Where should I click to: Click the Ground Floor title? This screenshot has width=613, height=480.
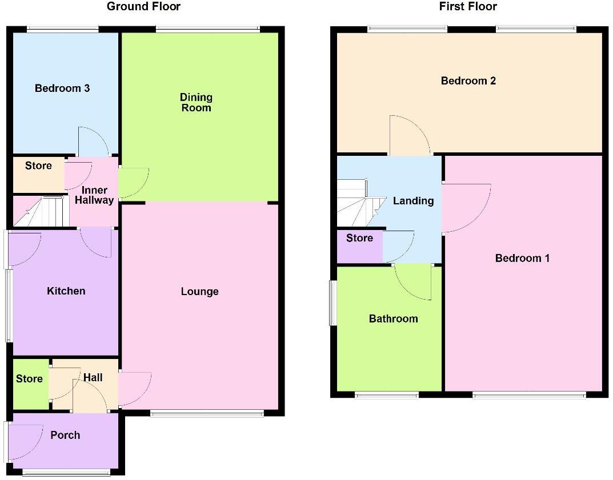click(143, 7)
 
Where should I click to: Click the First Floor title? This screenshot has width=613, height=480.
click(468, 7)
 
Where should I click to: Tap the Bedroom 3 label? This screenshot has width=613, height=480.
click(62, 88)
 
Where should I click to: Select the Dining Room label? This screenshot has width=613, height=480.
click(196, 103)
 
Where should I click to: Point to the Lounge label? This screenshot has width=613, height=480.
click(199, 292)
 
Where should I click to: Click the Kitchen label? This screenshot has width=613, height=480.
click(66, 291)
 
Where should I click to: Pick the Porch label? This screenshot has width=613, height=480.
click(65, 435)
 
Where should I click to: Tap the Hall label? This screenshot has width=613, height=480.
click(93, 377)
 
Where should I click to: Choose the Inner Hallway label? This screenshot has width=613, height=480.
click(94, 195)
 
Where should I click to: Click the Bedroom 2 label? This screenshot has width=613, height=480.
click(468, 80)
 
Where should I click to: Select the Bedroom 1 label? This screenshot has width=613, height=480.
click(522, 258)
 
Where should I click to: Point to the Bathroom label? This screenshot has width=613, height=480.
click(393, 318)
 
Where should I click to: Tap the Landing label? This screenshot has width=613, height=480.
click(413, 200)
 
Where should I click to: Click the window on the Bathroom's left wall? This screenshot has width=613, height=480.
click(332, 302)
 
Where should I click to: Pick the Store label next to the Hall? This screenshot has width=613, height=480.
click(29, 379)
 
